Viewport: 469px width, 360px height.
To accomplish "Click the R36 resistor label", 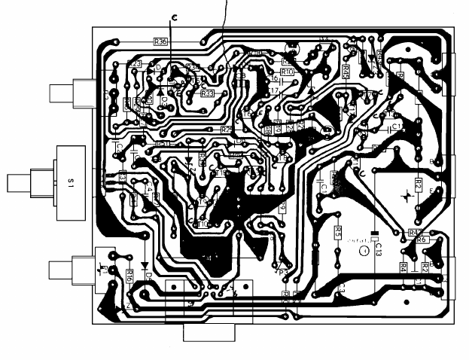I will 160,42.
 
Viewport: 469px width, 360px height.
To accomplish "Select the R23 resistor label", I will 136,64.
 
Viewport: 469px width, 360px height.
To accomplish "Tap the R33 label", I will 208,93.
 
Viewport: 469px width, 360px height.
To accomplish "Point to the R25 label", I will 227,130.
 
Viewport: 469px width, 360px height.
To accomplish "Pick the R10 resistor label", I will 287,71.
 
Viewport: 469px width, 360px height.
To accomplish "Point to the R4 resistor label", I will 404,267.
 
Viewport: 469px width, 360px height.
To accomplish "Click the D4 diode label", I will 148,276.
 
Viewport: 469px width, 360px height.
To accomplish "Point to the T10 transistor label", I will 203,224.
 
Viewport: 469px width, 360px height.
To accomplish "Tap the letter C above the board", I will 175,17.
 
